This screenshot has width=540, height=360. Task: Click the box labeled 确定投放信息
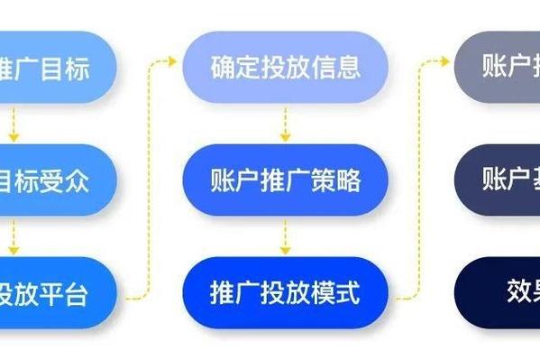[x=285, y=67]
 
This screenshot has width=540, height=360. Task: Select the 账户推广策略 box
[x=285, y=180]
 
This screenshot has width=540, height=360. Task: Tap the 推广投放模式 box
[x=285, y=292]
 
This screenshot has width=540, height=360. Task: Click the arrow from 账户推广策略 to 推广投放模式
[x=285, y=235]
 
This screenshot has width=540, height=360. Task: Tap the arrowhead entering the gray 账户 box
[x=447, y=61]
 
